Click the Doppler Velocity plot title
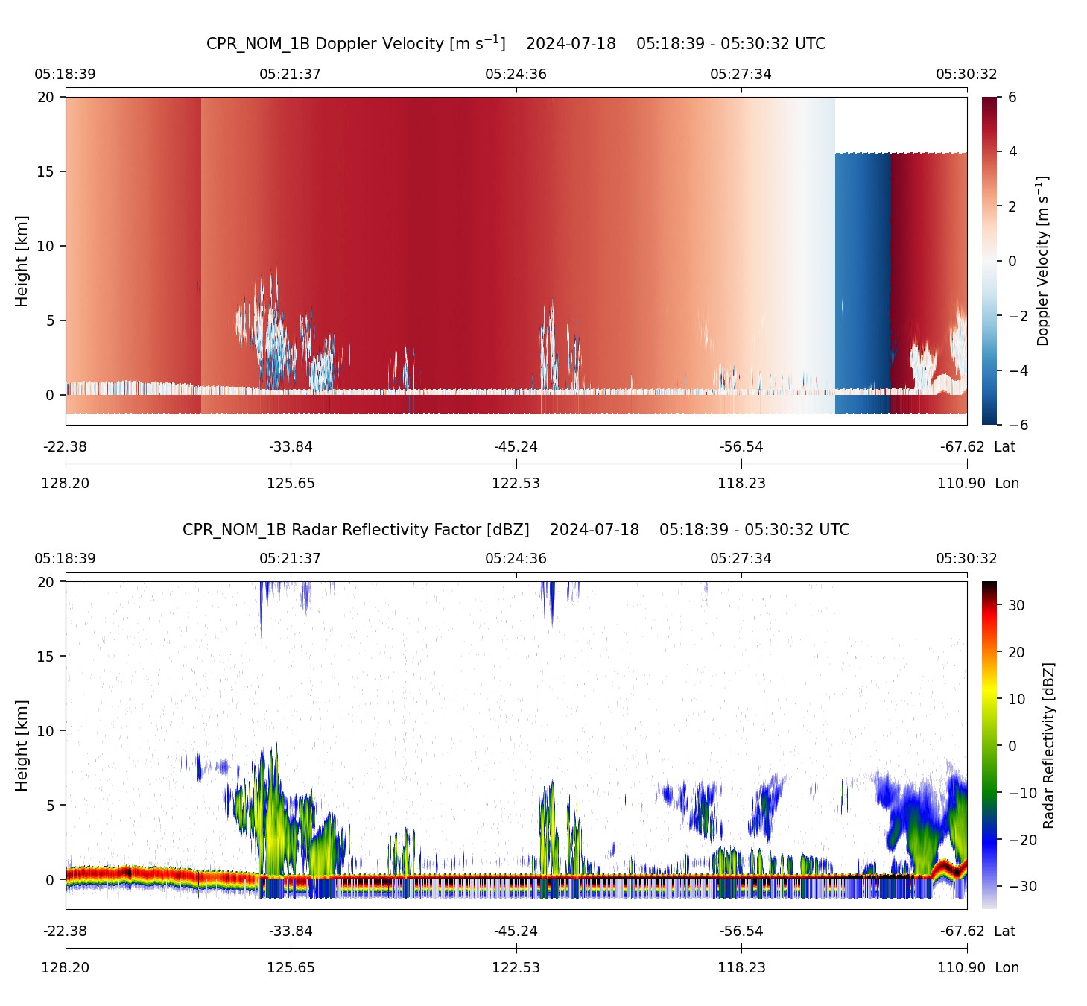coord(516,43)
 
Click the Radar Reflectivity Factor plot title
coord(516,530)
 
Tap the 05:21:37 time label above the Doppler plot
coord(290,74)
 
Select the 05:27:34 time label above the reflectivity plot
coord(741,558)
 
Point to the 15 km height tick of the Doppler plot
coord(46,171)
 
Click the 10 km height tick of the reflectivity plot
coord(46,731)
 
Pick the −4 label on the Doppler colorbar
coord(1017,370)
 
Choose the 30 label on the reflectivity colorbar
coord(1016,605)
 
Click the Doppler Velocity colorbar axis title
coord(1042,261)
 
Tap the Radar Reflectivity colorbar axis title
coord(1048,745)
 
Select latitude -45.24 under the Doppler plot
coord(516,446)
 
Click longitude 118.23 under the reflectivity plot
coord(741,967)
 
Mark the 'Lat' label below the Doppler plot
coord(1004,446)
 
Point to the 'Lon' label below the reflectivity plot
coord(1007,967)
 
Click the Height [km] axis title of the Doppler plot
coord(22,261)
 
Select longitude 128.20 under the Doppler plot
coord(66,483)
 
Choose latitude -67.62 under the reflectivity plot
coord(962,931)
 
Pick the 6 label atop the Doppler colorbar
coord(1012,97)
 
